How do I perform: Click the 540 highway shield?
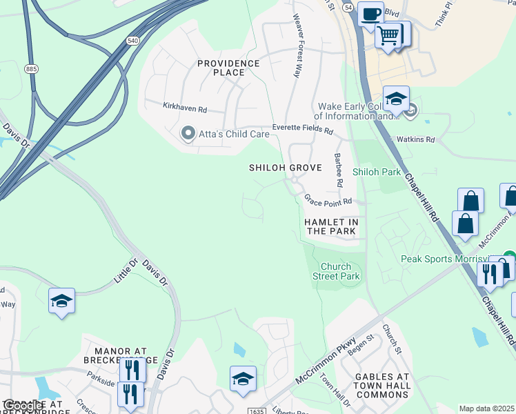click(x=132, y=41)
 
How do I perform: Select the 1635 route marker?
click(x=255, y=411)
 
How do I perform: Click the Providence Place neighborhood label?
click(x=228, y=68)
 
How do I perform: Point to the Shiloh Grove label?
click(x=285, y=168)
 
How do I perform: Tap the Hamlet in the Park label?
click(x=331, y=226)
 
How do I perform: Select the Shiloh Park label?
click(x=376, y=171)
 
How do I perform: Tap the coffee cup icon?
click(x=370, y=13)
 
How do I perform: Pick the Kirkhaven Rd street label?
click(x=185, y=108)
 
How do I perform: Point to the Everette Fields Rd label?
click(x=302, y=129)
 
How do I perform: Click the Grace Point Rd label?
click(x=328, y=200)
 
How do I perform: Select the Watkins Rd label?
click(x=420, y=139)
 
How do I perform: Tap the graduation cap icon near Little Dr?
click(x=61, y=300)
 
